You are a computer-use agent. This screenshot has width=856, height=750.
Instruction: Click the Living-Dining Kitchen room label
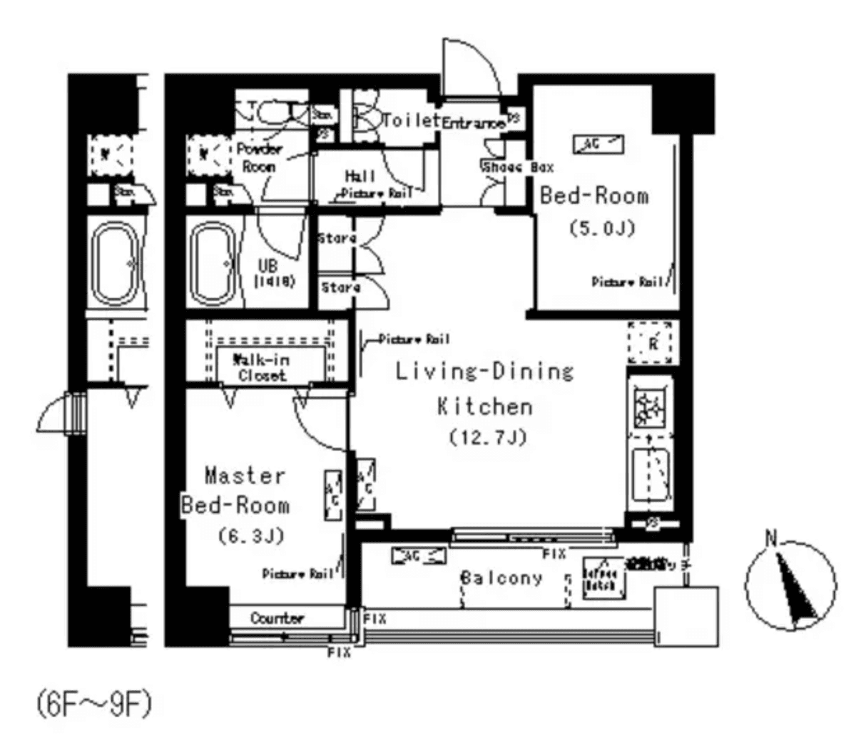pyautogui.click(x=484, y=389)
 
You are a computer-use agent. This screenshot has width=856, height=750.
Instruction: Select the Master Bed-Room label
pyautogui.click(x=235, y=490)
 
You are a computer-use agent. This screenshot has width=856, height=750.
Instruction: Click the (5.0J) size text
pyautogui.click(x=601, y=228)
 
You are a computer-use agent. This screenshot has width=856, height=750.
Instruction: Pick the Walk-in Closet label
pyautogui.click(x=261, y=368)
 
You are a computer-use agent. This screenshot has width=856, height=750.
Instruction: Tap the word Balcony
pyautogui.click(x=501, y=577)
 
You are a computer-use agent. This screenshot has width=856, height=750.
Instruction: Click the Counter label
pyautogui.click(x=277, y=618)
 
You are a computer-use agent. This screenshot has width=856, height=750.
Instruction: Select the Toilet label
pyautogui.click(x=409, y=120)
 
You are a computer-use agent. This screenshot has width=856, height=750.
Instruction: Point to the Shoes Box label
pyautogui.click(x=518, y=168)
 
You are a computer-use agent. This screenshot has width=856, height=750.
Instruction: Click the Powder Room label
pyautogui.click(x=260, y=158)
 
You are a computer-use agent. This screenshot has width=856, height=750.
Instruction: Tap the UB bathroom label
pyautogui.click(x=274, y=272)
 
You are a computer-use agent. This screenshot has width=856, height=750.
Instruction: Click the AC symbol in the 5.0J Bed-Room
pyautogui.click(x=597, y=145)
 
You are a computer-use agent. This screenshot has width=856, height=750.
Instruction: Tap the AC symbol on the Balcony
pyautogui.click(x=418, y=556)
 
